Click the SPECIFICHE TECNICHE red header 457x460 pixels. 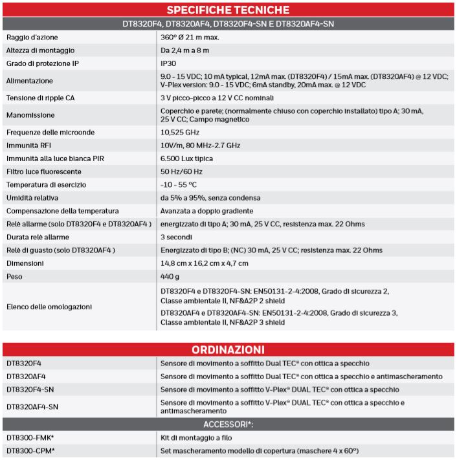(228, 10)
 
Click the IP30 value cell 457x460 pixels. (168, 63)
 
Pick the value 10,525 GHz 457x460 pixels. (181, 132)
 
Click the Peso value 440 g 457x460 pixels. (170, 276)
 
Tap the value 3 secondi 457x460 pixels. (177, 237)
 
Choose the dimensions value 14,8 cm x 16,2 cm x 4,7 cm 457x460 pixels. (205, 263)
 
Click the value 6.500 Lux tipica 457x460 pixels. (186, 159)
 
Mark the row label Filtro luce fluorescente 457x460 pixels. (43, 171)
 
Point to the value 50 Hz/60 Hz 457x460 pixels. (181, 171)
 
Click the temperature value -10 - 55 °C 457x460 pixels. (179, 184)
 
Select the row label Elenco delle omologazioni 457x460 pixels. (49, 306)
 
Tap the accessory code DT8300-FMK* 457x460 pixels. (30, 437)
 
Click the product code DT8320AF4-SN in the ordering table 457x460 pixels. (32, 406)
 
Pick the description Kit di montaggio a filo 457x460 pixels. (197, 437)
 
